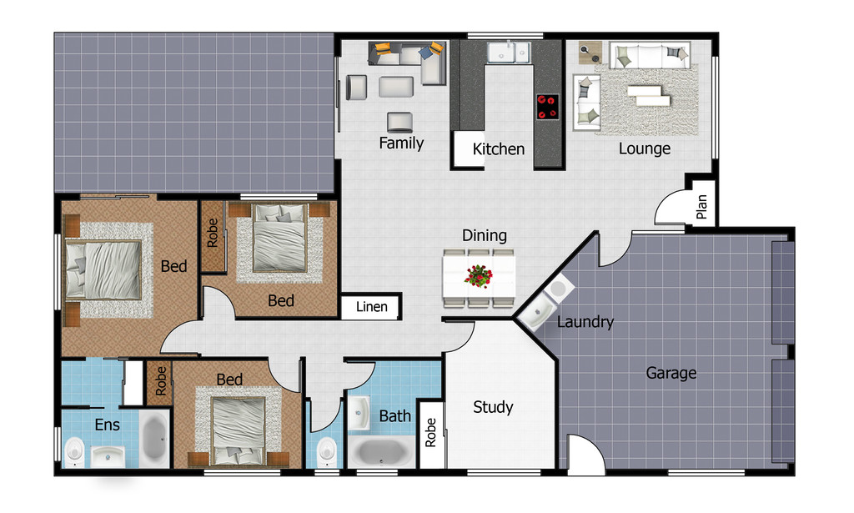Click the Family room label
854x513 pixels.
(401, 143)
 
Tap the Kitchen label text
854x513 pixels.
(499, 149)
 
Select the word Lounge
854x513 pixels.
(644, 148)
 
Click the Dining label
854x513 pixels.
(485, 236)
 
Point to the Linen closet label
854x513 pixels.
(371, 307)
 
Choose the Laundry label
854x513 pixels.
(585, 321)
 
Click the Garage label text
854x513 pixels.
(671, 373)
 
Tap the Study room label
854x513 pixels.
(493, 407)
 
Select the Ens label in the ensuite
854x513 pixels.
(107, 425)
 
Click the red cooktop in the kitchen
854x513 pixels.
(547, 106)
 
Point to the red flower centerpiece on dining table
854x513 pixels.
(479, 275)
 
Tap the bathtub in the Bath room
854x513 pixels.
(380, 453)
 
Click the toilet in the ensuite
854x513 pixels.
(74, 450)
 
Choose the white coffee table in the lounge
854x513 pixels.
(649, 94)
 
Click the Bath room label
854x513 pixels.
(394, 415)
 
